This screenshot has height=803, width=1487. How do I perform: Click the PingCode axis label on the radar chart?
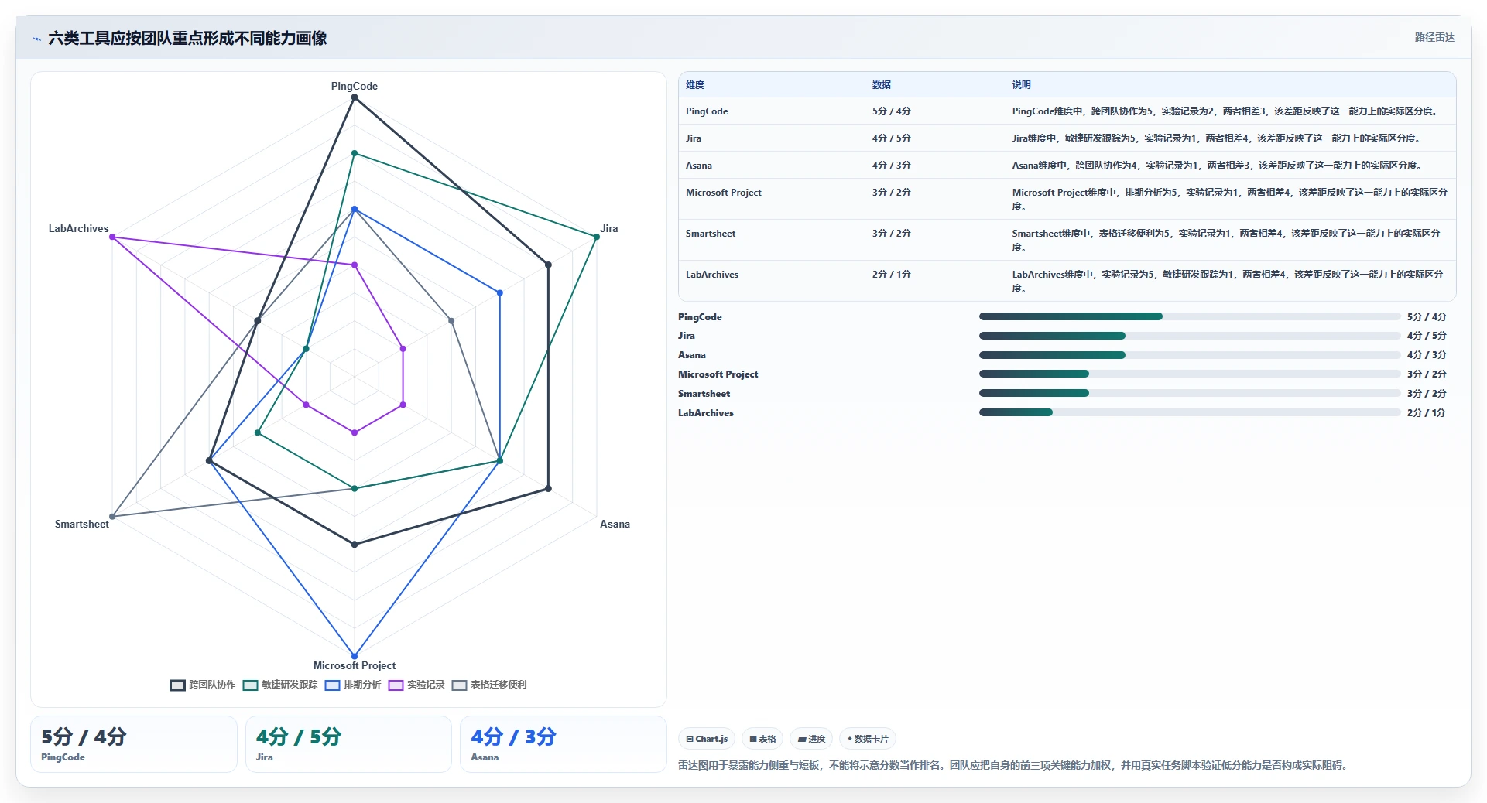point(355,86)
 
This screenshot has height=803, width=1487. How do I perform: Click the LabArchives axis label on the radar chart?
point(78,228)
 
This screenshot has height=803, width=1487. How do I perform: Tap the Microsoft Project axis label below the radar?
point(355,665)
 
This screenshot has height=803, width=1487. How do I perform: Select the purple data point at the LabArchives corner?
point(112,237)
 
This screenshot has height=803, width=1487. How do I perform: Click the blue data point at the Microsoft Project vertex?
point(355,656)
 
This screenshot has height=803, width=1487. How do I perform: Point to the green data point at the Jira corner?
point(597,237)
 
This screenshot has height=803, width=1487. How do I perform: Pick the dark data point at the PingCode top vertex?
point(355,97)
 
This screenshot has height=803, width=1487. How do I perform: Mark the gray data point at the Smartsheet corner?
point(112,516)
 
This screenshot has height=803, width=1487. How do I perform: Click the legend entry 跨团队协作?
point(203,685)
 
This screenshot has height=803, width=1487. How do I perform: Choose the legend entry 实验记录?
point(416,685)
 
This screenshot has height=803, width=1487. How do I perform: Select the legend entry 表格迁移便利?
point(489,685)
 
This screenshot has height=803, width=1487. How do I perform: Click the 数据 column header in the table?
point(882,85)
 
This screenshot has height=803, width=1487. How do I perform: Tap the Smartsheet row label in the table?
point(711,234)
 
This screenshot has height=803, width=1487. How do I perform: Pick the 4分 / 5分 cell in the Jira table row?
point(892,138)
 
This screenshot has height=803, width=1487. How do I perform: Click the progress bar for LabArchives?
point(1190,412)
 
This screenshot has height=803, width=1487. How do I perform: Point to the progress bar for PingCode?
point(1190,316)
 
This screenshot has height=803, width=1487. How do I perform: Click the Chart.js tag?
point(707,739)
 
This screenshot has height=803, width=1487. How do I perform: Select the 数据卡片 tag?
point(868,739)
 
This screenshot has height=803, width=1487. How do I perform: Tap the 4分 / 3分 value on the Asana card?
point(513,736)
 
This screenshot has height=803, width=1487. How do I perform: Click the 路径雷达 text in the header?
point(1434,37)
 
